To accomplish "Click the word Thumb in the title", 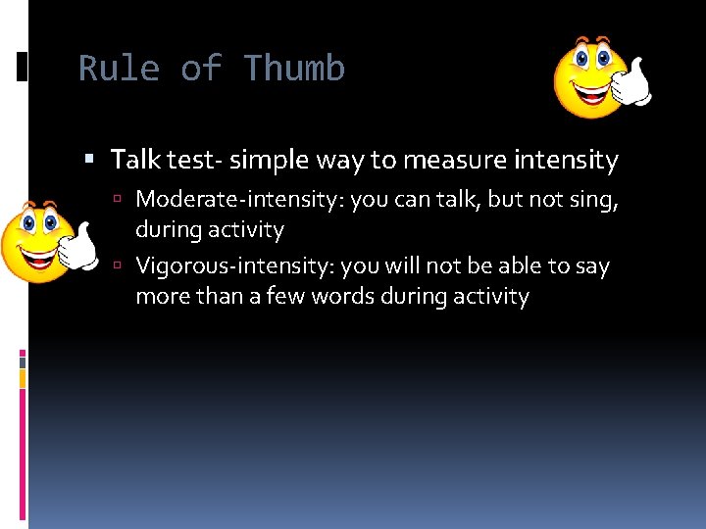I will [294, 69].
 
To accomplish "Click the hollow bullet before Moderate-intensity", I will [117, 200].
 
